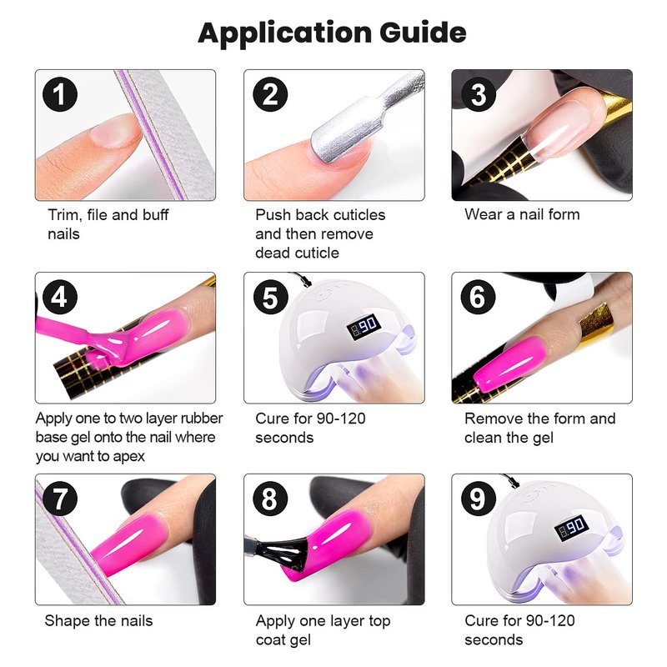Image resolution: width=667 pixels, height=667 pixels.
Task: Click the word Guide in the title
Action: point(423,33)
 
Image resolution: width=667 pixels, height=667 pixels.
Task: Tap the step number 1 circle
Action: point(60,94)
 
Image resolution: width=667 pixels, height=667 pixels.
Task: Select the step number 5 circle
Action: point(270,297)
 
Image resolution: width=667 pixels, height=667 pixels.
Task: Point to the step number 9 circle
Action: point(479,499)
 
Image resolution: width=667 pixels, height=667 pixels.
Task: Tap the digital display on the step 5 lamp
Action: point(364,327)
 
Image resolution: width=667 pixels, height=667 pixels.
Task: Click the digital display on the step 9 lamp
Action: point(571,528)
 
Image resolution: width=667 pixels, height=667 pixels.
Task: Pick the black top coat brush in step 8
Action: point(284,553)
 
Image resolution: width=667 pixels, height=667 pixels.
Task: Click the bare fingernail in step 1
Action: point(116,130)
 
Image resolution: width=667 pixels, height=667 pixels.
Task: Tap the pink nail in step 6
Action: point(509,364)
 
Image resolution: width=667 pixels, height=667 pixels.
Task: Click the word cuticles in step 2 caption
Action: point(359,215)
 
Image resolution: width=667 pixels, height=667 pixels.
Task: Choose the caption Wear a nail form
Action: point(522,214)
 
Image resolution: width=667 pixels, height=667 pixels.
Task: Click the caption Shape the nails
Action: point(98,620)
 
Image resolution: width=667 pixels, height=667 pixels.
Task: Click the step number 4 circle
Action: point(59,297)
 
